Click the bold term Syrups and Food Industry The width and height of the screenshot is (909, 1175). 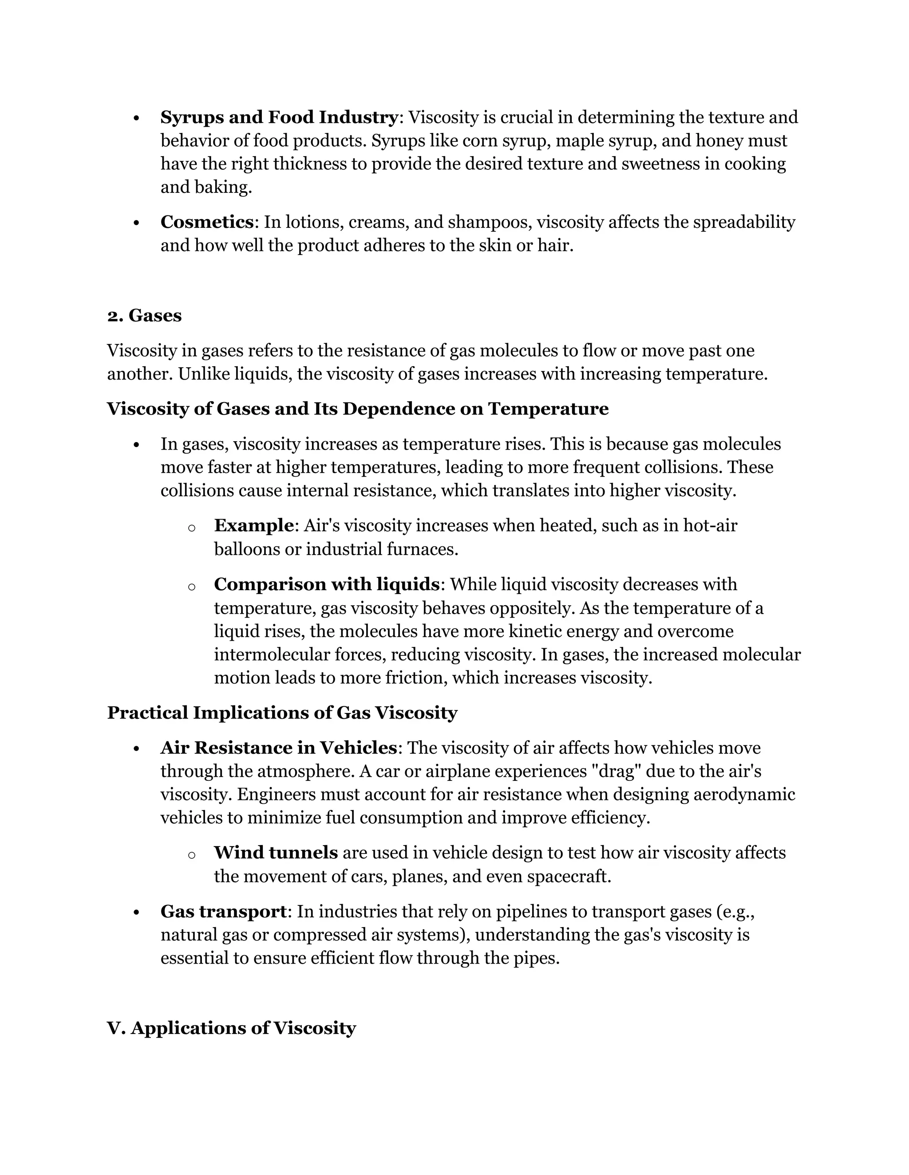279,117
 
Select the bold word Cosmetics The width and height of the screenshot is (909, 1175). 207,222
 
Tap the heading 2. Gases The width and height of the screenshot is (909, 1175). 144,315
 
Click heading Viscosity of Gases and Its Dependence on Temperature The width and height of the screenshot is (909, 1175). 358,409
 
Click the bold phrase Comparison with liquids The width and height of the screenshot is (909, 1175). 326,584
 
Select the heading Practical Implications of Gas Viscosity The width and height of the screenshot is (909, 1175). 282,713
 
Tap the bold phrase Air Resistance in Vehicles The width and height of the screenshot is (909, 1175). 278,748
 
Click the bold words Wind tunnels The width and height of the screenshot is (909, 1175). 276,853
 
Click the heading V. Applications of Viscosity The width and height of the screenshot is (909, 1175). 232,1028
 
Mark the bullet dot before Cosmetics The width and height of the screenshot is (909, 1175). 136,223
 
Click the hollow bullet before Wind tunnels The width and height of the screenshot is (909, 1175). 191,855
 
